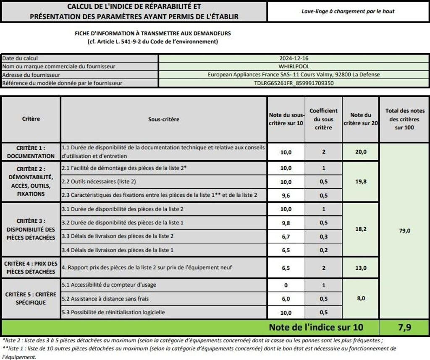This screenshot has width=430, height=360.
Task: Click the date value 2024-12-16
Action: [x=294, y=58]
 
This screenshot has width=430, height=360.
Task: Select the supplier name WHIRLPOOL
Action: [x=294, y=66]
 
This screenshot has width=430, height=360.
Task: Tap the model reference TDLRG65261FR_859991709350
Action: [x=294, y=83]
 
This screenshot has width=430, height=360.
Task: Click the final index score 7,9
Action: [x=404, y=327]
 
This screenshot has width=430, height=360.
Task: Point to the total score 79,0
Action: [x=404, y=230]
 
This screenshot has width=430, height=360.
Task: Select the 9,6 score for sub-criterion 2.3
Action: [x=286, y=195]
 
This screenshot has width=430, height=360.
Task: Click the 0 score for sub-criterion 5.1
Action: [x=286, y=285]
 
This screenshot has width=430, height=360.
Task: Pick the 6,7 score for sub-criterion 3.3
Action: [x=286, y=236]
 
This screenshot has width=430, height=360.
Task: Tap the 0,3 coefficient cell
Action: [x=323, y=236]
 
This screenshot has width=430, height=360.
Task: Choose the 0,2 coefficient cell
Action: [x=323, y=250]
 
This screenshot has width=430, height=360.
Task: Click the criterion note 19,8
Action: [x=361, y=182]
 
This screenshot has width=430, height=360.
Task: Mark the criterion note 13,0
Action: [x=361, y=268]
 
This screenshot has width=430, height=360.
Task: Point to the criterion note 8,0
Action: [x=361, y=298]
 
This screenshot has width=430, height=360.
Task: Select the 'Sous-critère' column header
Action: [x=164, y=119]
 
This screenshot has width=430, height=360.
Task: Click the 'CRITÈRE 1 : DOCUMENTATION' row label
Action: [x=31, y=152]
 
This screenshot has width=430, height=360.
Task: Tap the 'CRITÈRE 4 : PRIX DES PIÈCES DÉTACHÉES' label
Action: [x=31, y=267]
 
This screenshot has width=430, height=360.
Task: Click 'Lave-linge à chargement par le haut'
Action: [x=348, y=11]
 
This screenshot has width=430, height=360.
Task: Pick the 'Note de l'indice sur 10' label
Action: [x=316, y=327]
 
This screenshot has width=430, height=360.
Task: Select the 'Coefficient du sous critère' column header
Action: [x=323, y=119]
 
